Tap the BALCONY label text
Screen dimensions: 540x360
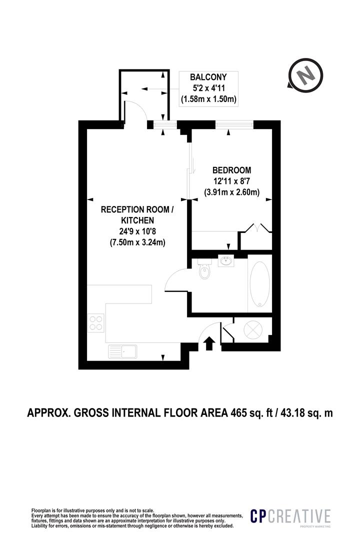[x=208, y=77]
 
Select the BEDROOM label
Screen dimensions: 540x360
[x=231, y=169]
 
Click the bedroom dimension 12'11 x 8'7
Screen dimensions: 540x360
[x=231, y=180]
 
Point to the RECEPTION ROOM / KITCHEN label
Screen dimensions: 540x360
[x=137, y=215]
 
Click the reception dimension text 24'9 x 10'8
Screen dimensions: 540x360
[x=137, y=231]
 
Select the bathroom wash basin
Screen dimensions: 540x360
[x=226, y=260]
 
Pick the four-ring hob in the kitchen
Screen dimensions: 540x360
[x=96, y=322]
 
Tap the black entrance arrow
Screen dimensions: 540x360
[x=209, y=343]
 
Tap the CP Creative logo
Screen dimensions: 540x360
[x=290, y=516]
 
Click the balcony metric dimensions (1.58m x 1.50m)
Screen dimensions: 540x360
[x=208, y=99]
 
